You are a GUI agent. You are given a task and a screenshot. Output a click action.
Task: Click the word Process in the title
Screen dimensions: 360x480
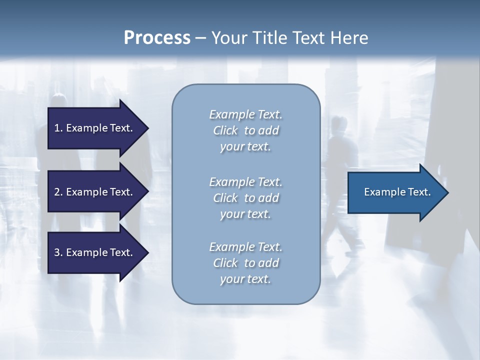pos(157,38)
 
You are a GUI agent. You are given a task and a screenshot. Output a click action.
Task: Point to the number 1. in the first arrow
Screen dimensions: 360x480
pos(58,128)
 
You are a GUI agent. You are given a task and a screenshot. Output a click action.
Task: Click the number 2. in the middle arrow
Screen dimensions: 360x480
pos(58,192)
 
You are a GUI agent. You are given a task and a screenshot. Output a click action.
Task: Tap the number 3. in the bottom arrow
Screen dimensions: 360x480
pos(58,252)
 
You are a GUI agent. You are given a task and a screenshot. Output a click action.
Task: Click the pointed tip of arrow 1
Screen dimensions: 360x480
pos(147,128)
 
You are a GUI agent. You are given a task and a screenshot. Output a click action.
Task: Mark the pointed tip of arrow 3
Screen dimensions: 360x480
pos(147,252)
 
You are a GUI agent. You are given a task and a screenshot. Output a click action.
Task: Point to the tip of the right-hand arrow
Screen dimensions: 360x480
pos(447,192)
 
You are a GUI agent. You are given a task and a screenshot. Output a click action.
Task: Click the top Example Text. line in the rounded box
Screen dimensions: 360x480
pos(245,114)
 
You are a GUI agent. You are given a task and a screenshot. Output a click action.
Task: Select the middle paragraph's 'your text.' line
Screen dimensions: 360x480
pos(245,214)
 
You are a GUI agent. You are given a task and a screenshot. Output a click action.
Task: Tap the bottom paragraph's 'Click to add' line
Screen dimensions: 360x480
pos(245,263)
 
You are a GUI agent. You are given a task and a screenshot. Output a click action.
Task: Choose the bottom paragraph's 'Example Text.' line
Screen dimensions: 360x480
pos(245,247)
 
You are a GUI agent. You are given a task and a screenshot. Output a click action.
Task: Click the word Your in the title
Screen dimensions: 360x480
pos(228,38)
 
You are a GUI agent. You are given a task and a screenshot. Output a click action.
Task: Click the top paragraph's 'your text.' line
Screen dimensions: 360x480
pos(245,147)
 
